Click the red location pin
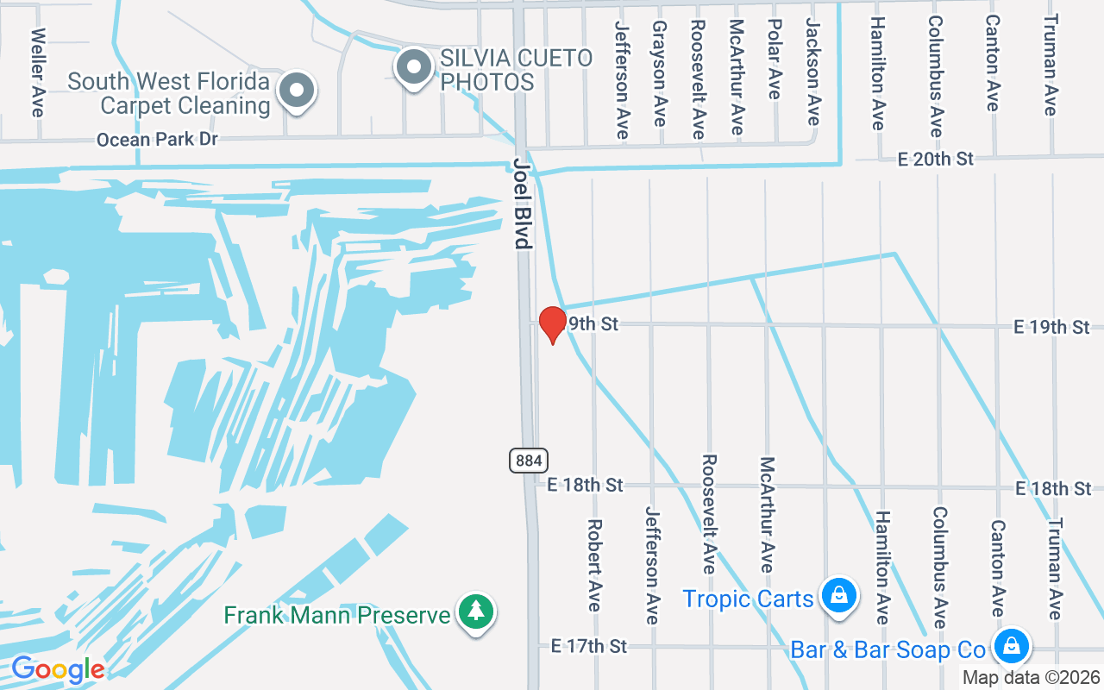point(552,323)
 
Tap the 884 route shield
point(528,461)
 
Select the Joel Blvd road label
point(522,203)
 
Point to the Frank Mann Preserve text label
point(336,615)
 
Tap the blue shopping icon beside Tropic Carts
point(837,595)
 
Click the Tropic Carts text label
point(748,598)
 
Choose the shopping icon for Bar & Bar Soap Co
point(1011,645)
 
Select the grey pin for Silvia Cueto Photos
point(415,66)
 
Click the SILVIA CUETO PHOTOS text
point(516,70)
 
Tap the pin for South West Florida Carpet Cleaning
point(298,89)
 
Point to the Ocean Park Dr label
point(157,139)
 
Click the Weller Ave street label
point(37,72)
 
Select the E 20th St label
point(935,159)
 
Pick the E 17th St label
point(588,645)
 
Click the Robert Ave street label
point(594,564)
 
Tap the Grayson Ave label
point(660,73)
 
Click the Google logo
point(58,669)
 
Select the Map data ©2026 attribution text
point(1032,678)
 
